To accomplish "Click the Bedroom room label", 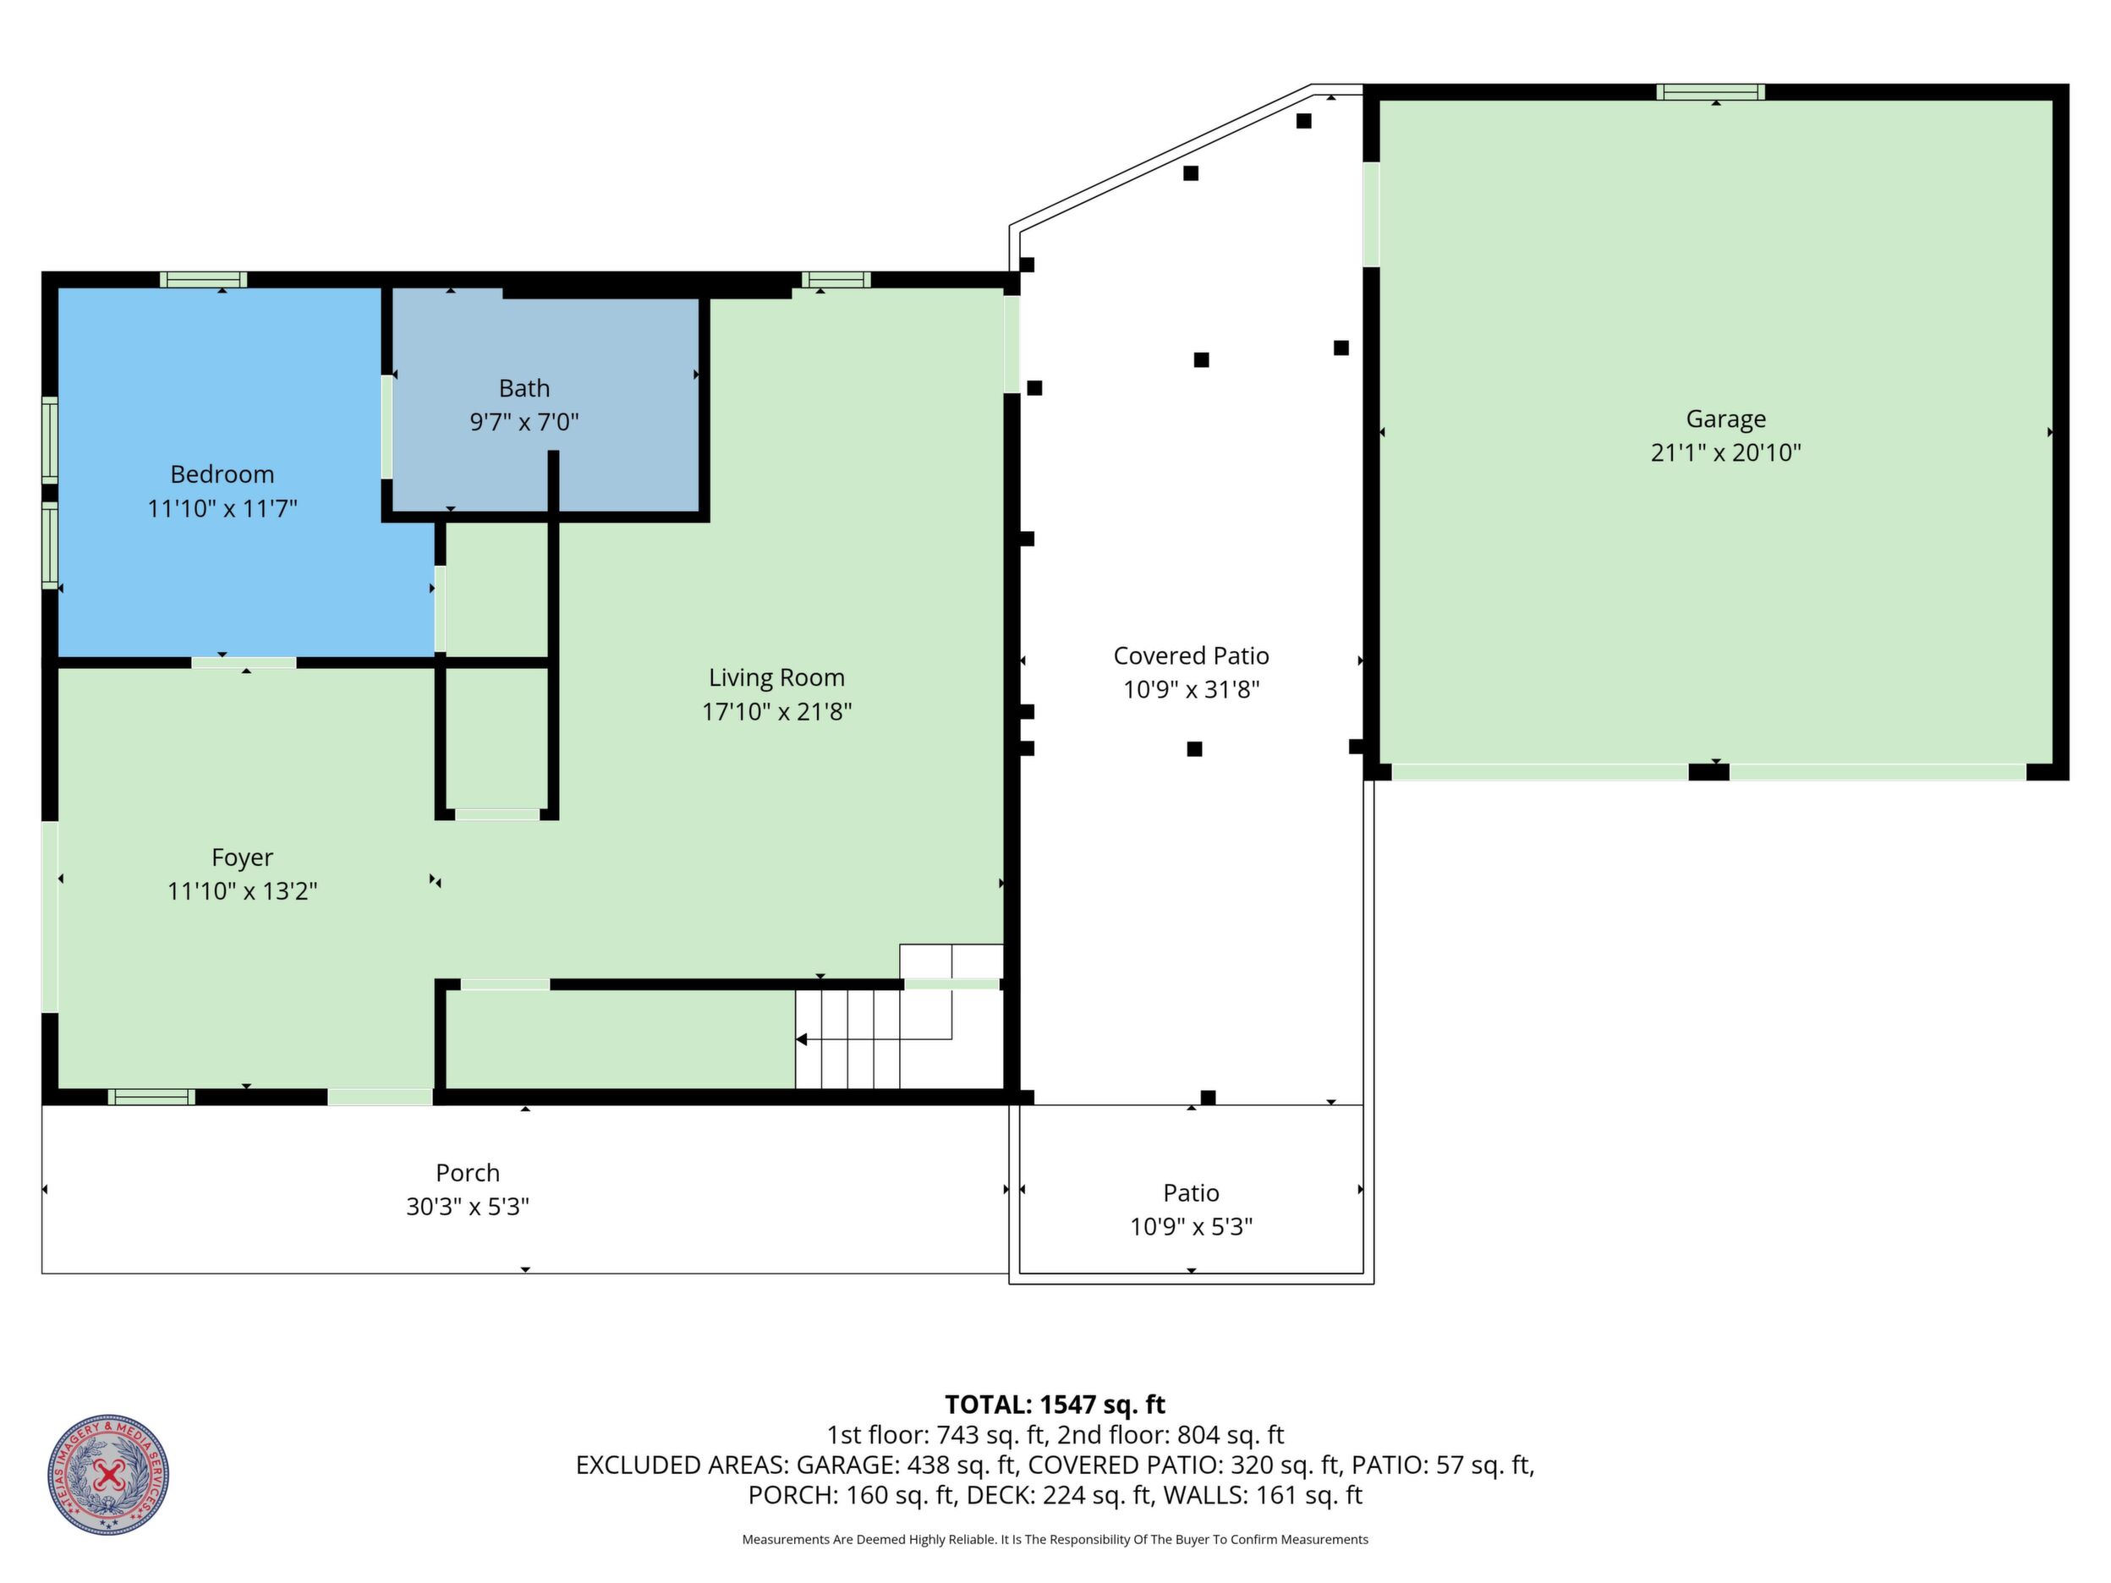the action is click(222, 474).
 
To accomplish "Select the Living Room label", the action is click(777, 677).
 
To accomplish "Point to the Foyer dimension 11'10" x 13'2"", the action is click(243, 891).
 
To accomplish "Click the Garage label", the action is click(1725, 419).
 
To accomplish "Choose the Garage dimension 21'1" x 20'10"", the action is click(1725, 452).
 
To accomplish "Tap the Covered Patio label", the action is click(1191, 655).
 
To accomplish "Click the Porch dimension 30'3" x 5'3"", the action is click(468, 1206).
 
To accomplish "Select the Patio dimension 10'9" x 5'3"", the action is click(1191, 1226).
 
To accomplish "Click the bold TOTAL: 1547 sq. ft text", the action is click(1055, 1405).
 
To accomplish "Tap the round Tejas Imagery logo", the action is click(109, 1474).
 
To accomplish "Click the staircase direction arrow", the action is click(873, 1039).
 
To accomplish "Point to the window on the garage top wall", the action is click(1710, 91).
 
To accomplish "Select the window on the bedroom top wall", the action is click(203, 280).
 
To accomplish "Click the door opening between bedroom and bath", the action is click(387, 426).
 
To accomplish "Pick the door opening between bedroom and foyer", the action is click(244, 662).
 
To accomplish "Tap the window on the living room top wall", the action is click(836, 280).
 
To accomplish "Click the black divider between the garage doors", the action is click(1709, 772).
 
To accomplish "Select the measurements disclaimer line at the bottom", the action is click(1055, 1539).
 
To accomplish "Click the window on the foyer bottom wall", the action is click(151, 1098).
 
